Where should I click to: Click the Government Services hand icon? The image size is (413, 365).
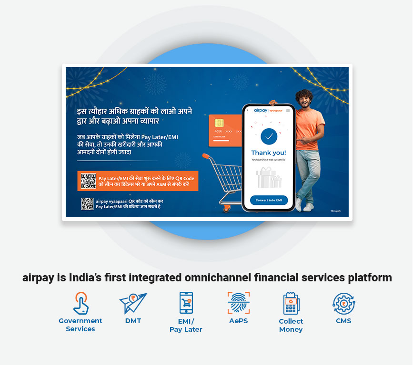[81, 303]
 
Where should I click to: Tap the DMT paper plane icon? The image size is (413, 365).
[133, 303]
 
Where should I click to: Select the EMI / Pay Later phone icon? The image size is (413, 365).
[186, 303]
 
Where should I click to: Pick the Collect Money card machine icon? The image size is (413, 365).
[291, 303]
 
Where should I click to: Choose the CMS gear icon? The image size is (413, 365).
[343, 303]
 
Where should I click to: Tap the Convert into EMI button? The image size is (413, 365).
[269, 200]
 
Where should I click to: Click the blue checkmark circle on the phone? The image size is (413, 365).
[269, 136]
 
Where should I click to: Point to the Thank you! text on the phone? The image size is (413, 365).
[269, 153]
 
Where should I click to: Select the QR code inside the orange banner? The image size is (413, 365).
[88, 181]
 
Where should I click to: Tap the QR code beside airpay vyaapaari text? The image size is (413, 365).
[87, 204]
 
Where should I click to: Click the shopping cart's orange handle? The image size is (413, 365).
[206, 156]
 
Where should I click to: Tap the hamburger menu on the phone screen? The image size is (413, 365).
[288, 110]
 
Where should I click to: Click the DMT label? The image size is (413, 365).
[133, 321]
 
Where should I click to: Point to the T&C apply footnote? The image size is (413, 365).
[335, 211]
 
